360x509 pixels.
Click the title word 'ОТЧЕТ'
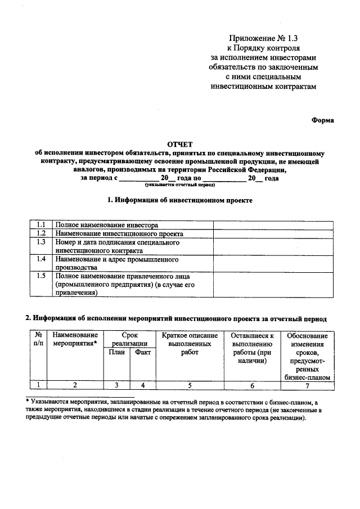179,144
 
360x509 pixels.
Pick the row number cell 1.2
40,233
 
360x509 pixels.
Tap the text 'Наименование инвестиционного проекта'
119,233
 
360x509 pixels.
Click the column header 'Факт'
143,353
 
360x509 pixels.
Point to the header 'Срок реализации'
129,339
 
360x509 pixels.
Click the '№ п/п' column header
38,339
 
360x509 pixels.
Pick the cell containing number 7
307,385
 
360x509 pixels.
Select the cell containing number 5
190,385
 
